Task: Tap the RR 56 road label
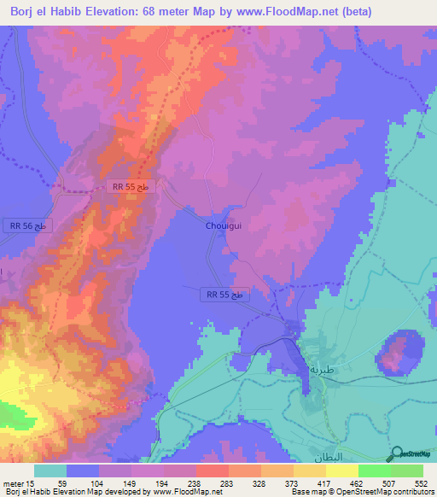pos(29,225)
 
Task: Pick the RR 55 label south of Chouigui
pos(226,294)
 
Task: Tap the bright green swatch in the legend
pos(374,471)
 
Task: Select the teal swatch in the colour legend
pos(50,471)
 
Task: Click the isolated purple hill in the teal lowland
pos(397,353)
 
